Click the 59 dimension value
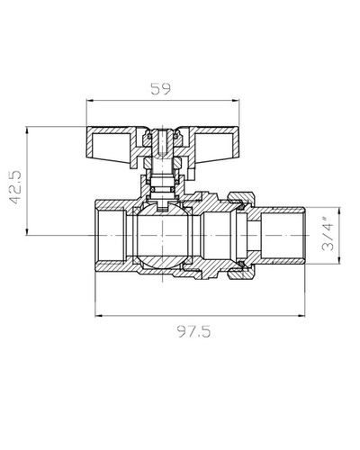[160, 89]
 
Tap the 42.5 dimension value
[15, 187]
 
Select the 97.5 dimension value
[193, 331]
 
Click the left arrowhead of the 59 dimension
[90, 101]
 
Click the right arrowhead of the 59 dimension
[236, 101]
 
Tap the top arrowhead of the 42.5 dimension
[27, 130]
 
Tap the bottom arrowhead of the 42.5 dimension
[27, 231]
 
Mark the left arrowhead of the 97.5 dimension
[99, 316]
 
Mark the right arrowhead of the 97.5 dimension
[301, 316]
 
